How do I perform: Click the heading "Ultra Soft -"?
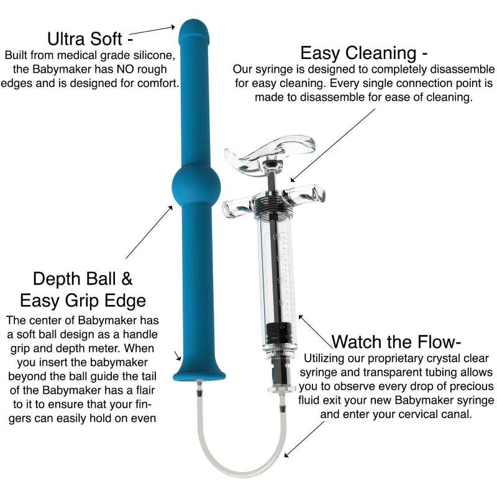coord(86,38)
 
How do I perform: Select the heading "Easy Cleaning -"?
coord(363,52)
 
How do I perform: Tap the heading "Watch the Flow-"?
coord(396,341)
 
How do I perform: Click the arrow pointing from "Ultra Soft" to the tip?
coord(152,30)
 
